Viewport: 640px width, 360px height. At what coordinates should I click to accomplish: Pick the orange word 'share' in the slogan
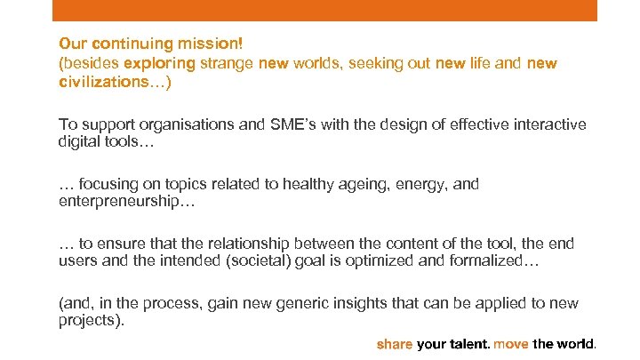pos(395,343)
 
